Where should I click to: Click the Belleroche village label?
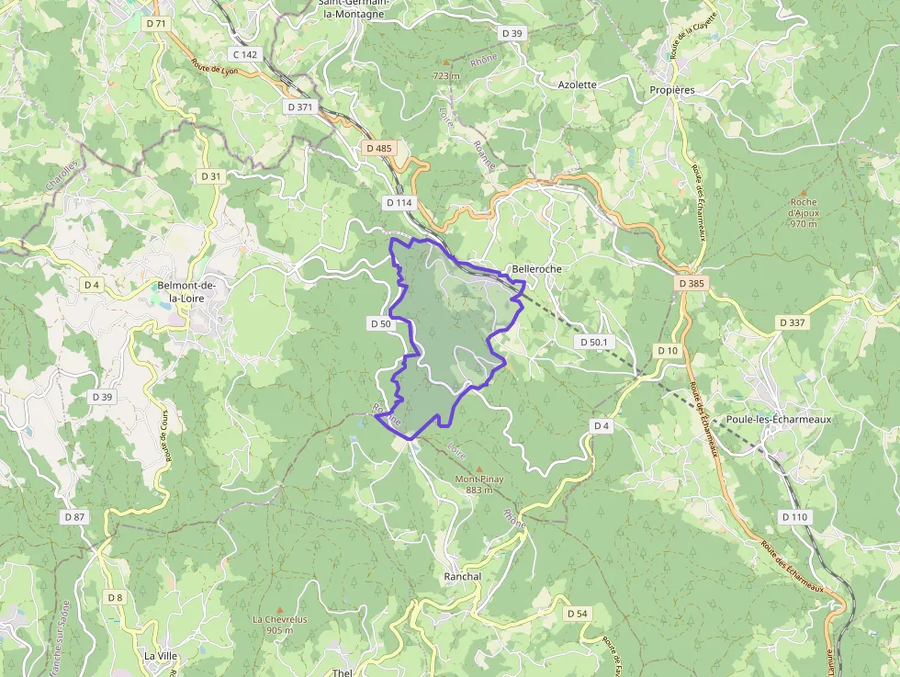(x=536, y=269)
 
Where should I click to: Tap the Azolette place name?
(x=577, y=85)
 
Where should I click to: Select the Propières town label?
(x=671, y=90)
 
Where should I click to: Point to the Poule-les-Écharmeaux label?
(x=778, y=419)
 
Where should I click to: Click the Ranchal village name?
(x=462, y=576)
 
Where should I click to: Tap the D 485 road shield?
(x=378, y=148)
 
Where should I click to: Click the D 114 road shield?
(x=400, y=202)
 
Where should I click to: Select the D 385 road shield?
(x=692, y=284)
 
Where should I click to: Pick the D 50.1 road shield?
(x=593, y=342)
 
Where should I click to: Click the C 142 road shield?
(x=245, y=55)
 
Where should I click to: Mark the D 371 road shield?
(x=300, y=107)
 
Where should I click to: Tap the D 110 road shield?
(x=795, y=517)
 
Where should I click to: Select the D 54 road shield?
(x=577, y=613)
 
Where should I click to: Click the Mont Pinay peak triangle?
(x=478, y=468)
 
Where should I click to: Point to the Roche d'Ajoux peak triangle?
(x=803, y=192)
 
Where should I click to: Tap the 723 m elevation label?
(x=446, y=75)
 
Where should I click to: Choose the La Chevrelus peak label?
(x=279, y=619)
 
